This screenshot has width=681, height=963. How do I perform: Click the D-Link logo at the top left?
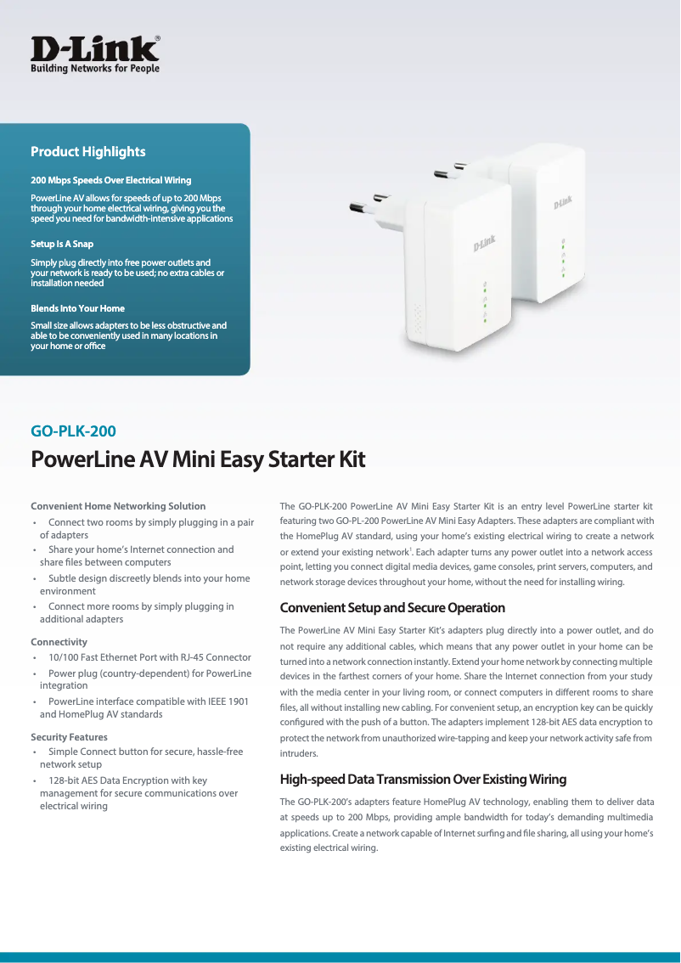[x=95, y=53]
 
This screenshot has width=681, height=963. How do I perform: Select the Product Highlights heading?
[x=88, y=152]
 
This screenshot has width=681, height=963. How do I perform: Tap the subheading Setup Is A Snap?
[x=62, y=244]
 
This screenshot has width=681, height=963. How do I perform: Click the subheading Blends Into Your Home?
[x=78, y=308]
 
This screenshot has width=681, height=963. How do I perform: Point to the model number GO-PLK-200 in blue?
[x=73, y=431]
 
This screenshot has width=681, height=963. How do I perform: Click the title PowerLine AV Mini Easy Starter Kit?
[x=198, y=460]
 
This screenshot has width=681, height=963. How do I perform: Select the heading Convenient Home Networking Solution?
[x=118, y=506]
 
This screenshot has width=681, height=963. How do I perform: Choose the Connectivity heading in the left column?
[x=59, y=642]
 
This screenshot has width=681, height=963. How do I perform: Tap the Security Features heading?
[x=69, y=737]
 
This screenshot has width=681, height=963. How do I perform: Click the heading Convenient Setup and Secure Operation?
[x=392, y=608]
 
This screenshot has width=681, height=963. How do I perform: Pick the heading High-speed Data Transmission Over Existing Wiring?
[x=423, y=780]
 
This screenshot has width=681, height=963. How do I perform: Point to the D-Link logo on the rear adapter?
[x=562, y=202]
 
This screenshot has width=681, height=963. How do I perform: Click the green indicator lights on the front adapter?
[x=485, y=300]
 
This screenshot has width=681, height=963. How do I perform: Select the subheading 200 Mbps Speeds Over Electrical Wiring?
[x=110, y=180]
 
